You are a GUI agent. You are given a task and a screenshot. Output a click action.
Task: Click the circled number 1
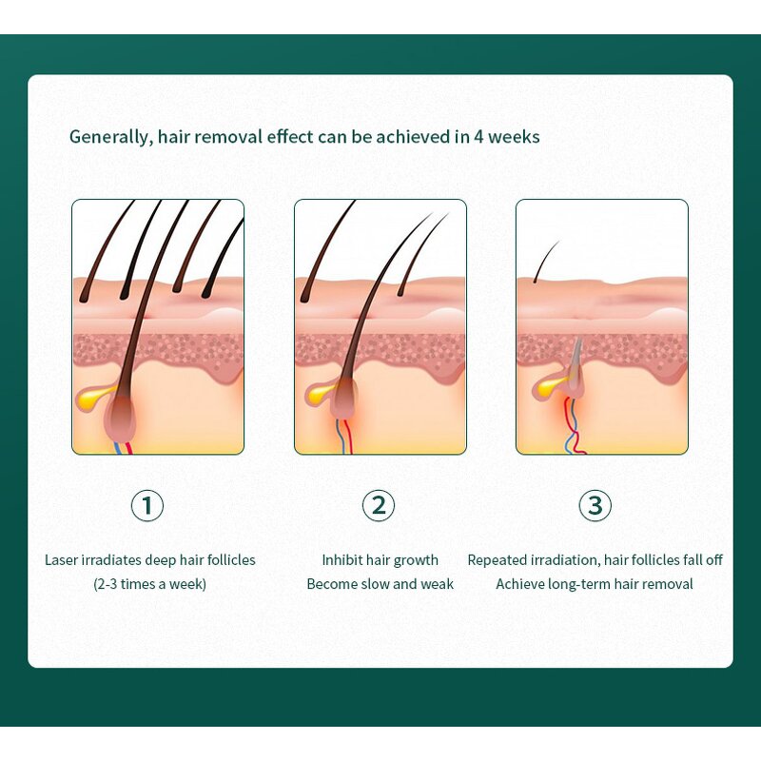click(x=147, y=505)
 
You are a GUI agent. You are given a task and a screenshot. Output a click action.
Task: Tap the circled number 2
click(x=379, y=505)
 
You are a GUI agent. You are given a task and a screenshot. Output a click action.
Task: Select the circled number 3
click(x=595, y=505)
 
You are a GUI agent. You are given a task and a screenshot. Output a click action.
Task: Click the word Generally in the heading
click(x=108, y=137)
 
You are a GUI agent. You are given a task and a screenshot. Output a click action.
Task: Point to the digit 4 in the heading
click(x=478, y=137)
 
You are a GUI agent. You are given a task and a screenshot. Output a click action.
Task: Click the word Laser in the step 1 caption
click(x=61, y=560)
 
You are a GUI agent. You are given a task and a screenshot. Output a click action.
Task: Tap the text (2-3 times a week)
click(x=149, y=584)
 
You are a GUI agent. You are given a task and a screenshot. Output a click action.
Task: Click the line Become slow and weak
click(x=380, y=584)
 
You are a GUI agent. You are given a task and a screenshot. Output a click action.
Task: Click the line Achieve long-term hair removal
click(x=595, y=584)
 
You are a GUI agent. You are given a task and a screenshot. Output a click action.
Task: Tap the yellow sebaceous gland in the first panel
click(x=93, y=397)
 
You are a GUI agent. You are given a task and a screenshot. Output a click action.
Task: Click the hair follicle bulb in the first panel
click(x=122, y=419)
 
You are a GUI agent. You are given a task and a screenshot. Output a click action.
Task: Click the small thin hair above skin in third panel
click(x=545, y=262)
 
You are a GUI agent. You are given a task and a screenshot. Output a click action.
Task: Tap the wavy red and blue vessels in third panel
click(x=574, y=425)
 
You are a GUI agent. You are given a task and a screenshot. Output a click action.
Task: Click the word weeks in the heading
click(x=514, y=137)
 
